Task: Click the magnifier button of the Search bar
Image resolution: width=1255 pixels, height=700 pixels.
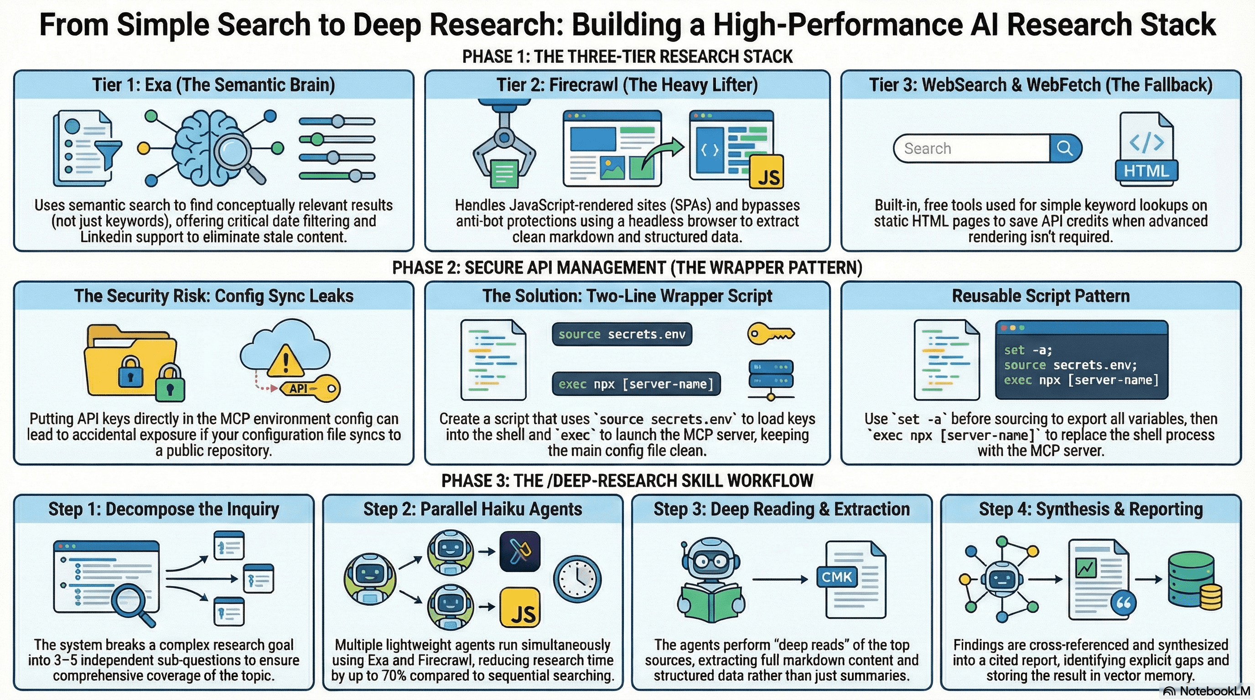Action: [x=1065, y=148]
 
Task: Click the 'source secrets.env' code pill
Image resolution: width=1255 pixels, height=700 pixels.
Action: [x=622, y=335]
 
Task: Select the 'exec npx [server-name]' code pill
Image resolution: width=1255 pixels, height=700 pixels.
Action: [x=636, y=384]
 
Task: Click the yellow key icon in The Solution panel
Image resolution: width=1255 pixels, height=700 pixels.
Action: [x=770, y=335]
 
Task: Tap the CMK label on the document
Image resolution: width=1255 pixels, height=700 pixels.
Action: [x=836, y=577]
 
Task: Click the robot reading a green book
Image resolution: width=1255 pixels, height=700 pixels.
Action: [x=711, y=582]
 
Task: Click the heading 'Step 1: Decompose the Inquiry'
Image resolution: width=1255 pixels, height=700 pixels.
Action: [x=164, y=509]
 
